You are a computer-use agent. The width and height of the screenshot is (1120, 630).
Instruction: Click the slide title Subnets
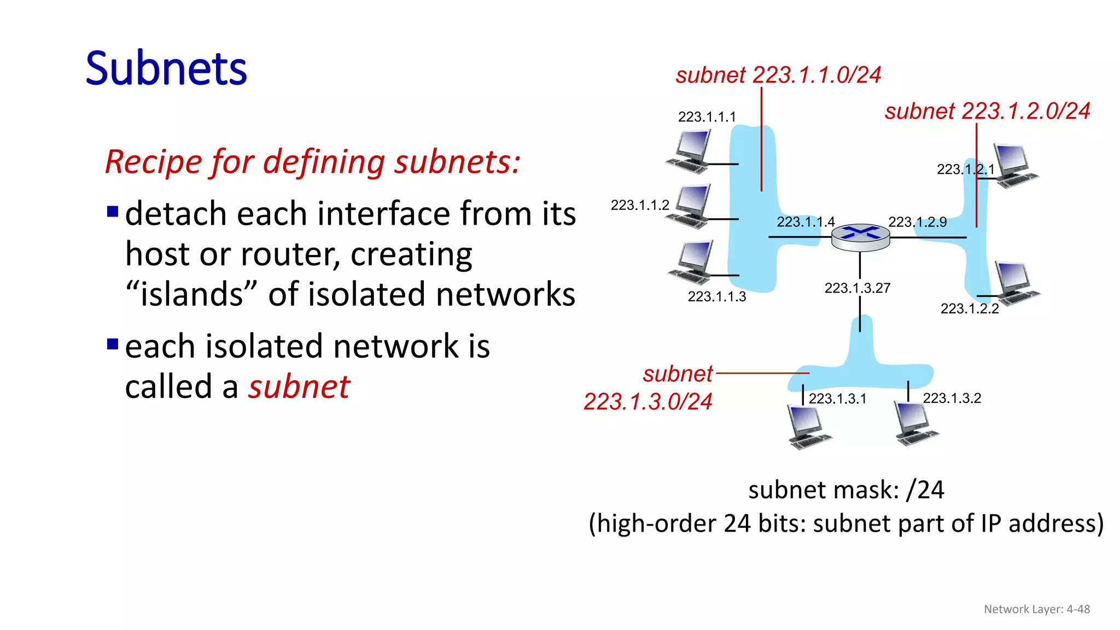[x=166, y=69]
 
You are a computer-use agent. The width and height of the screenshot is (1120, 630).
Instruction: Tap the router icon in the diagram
[x=860, y=237]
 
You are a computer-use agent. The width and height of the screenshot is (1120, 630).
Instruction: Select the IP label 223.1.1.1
[x=707, y=117]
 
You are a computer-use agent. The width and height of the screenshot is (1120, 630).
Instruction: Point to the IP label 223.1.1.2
[x=640, y=205]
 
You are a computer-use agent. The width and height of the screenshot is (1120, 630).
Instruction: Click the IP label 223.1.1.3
[x=716, y=296]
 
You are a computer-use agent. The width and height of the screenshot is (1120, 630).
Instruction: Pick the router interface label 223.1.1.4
[x=806, y=221]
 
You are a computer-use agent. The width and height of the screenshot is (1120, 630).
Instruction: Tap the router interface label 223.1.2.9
[x=917, y=221]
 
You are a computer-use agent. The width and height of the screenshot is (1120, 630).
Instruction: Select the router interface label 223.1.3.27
[x=857, y=288]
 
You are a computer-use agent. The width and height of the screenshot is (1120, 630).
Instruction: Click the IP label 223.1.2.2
[x=969, y=309]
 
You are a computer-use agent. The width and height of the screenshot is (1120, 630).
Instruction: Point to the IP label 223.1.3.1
[x=837, y=399]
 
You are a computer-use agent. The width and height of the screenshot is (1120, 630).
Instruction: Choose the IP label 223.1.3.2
[x=952, y=398]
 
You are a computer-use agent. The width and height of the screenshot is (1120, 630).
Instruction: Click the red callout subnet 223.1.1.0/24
[x=778, y=75]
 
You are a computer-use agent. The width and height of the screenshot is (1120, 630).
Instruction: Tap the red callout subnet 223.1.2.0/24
[x=987, y=111]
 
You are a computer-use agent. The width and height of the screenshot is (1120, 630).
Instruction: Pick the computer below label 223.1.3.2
[x=915, y=424]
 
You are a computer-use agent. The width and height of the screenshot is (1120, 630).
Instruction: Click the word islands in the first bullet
[x=191, y=294]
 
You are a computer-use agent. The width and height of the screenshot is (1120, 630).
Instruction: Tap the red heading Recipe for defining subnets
[x=312, y=162]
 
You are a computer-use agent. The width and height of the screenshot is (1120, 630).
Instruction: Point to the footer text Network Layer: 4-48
[x=1036, y=609]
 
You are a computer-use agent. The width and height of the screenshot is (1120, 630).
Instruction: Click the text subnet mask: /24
[x=846, y=489]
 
